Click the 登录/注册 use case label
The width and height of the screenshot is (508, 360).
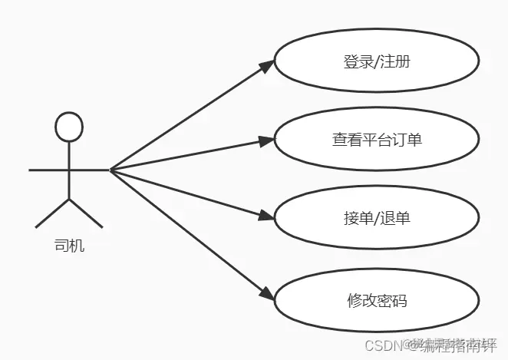[377, 61]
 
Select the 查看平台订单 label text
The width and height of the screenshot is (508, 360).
[377, 140]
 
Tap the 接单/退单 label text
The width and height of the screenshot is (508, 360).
[377, 218]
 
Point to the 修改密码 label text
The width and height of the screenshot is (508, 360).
[377, 299]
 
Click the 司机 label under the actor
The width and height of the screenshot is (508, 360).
[69, 246]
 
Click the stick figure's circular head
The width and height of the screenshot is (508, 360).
[69, 127]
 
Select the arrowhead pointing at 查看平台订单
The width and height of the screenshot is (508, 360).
[266, 140]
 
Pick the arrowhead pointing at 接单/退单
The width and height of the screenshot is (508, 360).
[266, 216]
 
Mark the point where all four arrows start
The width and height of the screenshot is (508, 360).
[111, 170]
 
